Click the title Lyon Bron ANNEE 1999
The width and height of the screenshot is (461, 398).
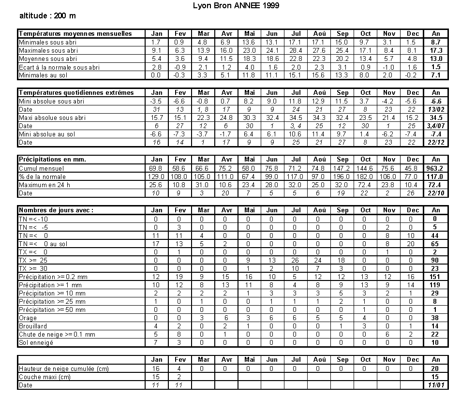point(236,6)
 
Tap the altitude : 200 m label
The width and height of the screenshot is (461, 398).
point(47,15)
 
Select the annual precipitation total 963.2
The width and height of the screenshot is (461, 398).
point(435,168)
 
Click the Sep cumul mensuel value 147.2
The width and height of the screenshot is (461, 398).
point(342,168)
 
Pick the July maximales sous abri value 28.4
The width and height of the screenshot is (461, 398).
point(296,50)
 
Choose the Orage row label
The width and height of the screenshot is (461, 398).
point(28,318)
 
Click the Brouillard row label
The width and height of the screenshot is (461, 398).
point(33,326)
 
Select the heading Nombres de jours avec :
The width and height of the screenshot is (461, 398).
point(56,210)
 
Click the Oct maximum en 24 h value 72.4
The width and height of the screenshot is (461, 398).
point(366,185)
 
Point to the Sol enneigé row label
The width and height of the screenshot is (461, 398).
point(36,342)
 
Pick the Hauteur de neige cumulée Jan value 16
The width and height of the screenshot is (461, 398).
point(156,368)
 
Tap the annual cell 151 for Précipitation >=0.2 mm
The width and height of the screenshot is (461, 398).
point(435,277)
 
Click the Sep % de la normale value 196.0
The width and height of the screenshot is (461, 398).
point(342,176)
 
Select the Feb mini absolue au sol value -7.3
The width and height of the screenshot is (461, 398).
point(179,134)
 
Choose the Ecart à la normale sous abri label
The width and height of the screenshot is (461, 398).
point(59,67)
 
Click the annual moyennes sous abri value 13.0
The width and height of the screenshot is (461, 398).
point(435,59)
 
